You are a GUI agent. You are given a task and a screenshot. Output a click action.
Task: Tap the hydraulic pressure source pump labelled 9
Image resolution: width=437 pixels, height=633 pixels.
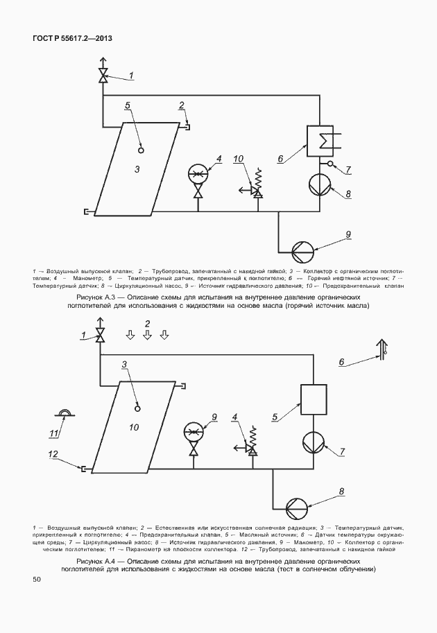pos(302,248)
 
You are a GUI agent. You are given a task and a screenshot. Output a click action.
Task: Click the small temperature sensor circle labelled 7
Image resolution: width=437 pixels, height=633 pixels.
pos(331,165)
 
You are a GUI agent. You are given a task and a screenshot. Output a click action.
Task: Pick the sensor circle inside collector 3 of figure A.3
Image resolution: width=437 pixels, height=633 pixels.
pos(140,148)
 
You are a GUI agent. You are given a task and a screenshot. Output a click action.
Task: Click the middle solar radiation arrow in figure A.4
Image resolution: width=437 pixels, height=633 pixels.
pos(147,336)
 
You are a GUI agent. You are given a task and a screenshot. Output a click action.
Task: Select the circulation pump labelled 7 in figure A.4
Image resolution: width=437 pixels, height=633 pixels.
pos(313,441)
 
